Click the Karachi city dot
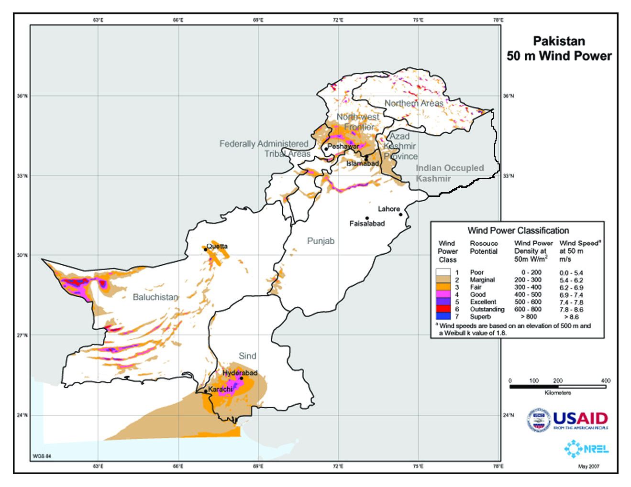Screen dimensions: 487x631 pyautogui.click(x=206, y=391)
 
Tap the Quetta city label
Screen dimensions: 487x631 pyautogui.click(x=217, y=246)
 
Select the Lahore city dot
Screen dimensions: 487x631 pyautogui.click(x=401, y=214)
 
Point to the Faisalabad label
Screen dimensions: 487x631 pyautogui.click(x=367, y=224)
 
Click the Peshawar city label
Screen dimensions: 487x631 pyautogui.click(x=343, y=146)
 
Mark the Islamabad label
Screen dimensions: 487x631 pyautogui.click(x=362, y=163)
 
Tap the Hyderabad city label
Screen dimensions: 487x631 pyautogui.click(x=240, y=373)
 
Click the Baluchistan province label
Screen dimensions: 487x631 pyautogui.click(x=155, y=297)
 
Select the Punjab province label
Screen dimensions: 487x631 pyautogui.click(x=321, y=241)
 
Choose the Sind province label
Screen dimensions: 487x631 pyautogui.click(x=247, y=356)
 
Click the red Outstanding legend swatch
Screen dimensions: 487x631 pyautogui.click(x=443, y=309)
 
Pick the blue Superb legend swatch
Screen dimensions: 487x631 pyautogui.click(x=443, y=316)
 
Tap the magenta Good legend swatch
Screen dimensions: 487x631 pyautogui.click(x=443, y=294)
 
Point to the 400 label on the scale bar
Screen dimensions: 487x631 pyautogui.click(x=606, y=381)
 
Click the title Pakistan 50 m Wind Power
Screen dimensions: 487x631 pyautogui.click(x=559, y=48)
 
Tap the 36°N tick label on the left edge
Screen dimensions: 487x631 pyautogui.click(x=22, y=96)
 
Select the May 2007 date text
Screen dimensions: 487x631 pyautogui.click(x=588, y=466)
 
